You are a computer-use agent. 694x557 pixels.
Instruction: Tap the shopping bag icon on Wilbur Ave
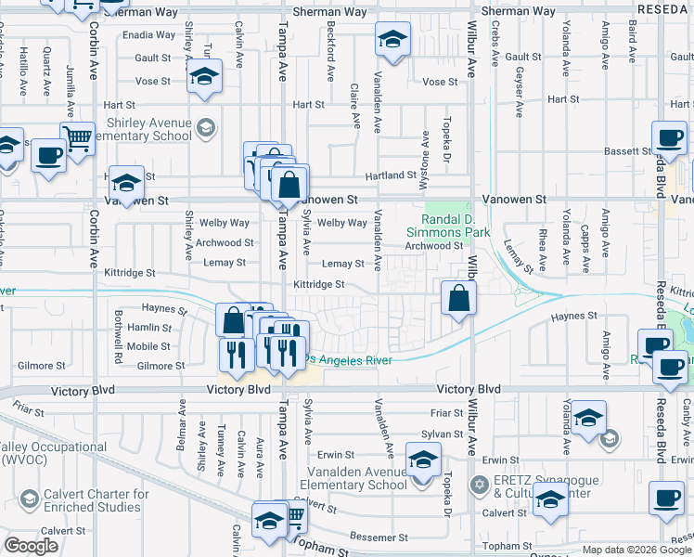[458, 299]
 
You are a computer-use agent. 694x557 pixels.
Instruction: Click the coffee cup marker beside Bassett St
[668, 139]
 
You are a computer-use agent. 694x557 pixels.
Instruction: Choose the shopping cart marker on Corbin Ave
[78, 139]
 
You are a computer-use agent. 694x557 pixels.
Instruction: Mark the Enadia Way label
[148, 35]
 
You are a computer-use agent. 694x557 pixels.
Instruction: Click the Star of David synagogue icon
[479, 484]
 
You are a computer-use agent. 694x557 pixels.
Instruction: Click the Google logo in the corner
[31, 546]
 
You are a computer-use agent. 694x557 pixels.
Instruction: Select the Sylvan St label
[441, 434]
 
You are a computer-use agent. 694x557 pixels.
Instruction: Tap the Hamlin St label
[149, 327]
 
